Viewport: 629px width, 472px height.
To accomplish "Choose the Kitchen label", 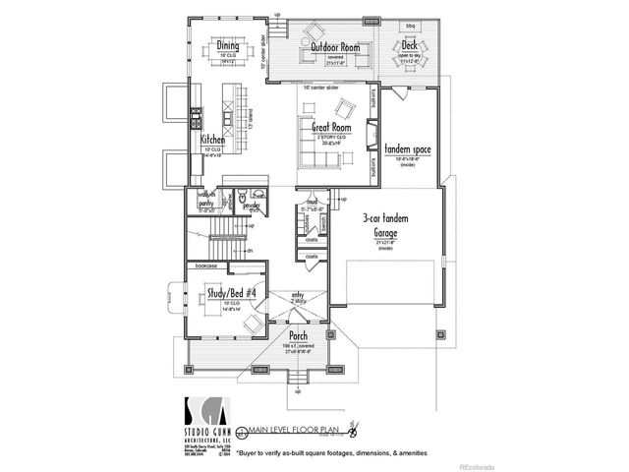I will coord(213,141).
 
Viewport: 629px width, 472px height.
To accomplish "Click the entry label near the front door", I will coord(297,294).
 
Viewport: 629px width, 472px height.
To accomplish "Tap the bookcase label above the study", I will coord(206,265).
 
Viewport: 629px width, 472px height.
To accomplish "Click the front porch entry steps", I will coord(297,379).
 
